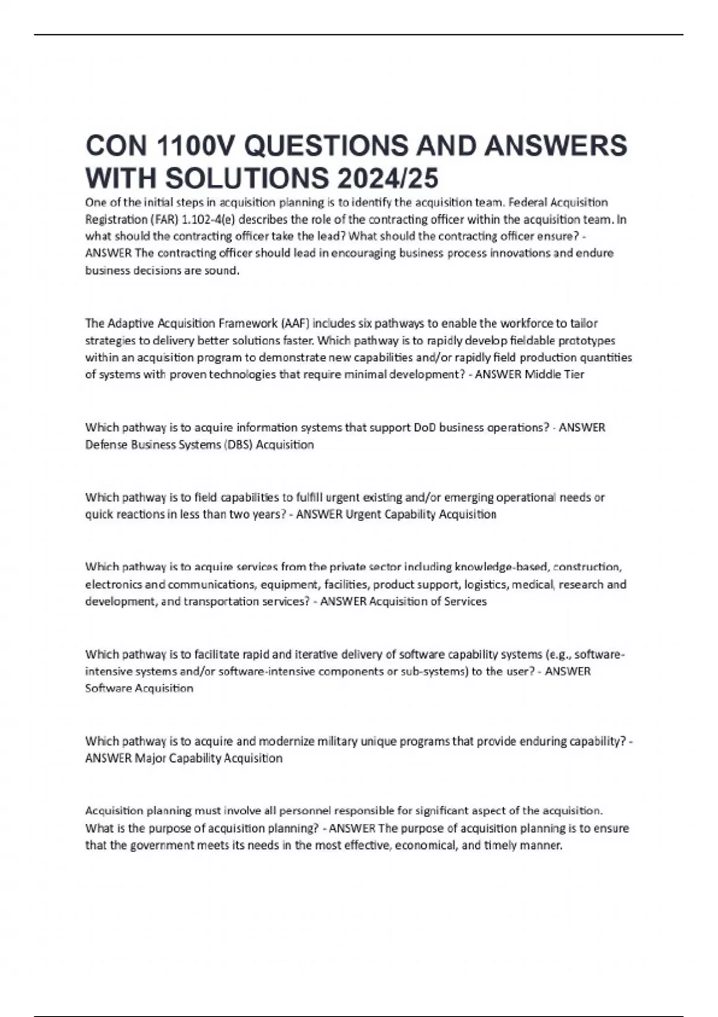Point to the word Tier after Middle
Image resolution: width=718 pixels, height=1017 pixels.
[573, 375]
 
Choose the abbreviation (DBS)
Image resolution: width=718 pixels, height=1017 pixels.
[238, 445]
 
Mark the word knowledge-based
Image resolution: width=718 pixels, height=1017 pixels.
[501, 567]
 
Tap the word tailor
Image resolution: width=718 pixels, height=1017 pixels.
[584, 324]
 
